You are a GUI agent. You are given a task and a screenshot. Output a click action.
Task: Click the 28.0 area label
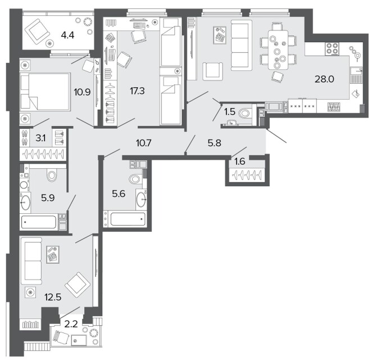pos(324,79)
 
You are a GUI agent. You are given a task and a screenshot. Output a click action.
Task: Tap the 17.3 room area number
pos(137,91)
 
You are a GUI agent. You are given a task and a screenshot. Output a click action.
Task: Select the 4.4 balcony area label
pos(67,35)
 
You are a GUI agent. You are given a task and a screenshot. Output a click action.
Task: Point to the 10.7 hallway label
pos(143,143)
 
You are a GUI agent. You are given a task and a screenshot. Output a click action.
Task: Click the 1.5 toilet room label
pos(230,111)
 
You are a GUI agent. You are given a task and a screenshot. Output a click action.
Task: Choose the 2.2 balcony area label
pos(71,324)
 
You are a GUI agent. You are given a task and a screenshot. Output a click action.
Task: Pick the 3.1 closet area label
pos(40,138)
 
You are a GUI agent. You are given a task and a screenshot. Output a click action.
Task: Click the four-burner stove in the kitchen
pos(332,49)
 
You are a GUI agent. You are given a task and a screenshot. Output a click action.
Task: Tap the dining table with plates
pos(278,49)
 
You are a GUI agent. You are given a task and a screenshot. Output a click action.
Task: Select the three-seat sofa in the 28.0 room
pos(241,45)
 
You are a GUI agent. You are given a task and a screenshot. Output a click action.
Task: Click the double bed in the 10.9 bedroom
pos(45,92)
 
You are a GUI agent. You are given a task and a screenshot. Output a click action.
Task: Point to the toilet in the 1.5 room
pos(244,113)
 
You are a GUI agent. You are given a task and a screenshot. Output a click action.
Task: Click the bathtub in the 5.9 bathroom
pos(39,222)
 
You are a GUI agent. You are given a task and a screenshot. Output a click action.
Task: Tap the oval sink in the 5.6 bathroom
pos(141,200)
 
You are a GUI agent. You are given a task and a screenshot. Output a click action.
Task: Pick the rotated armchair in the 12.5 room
pos(78,285)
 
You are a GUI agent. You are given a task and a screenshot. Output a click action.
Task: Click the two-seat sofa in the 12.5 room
pos(31,260)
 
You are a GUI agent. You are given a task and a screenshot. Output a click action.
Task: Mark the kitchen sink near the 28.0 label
pos(356,75)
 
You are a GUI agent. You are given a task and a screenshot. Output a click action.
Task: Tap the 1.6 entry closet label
pos(239,161)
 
